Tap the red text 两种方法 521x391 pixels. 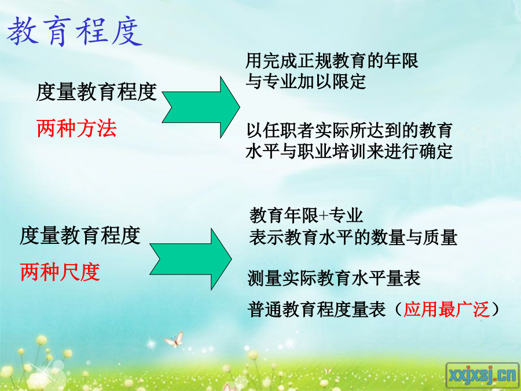[x=77, y=129]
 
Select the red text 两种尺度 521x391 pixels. [x=60, y=272]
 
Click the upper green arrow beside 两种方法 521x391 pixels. [x=201, y=107]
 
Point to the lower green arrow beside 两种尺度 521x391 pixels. [x=190, y=259]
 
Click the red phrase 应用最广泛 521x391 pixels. [x=446, y=309]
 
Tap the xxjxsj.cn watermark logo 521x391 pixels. [x=482, y=376]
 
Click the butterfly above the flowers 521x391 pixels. [x=174, y=339]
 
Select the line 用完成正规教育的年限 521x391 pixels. [x=332, y=60]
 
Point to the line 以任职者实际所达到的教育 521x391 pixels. [x=349, y=130]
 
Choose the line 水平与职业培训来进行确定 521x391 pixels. [x=349, y=151]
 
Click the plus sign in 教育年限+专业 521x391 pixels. [x=324, y=216]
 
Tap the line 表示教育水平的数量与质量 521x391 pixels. [x=353, y=237]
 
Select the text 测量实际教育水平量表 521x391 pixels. [x=334, y=278]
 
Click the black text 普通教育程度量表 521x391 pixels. [x=317, y=309]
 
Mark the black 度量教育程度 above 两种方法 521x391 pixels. [x=96, y=92]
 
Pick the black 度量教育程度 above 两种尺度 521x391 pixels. [x=80, y=235]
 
